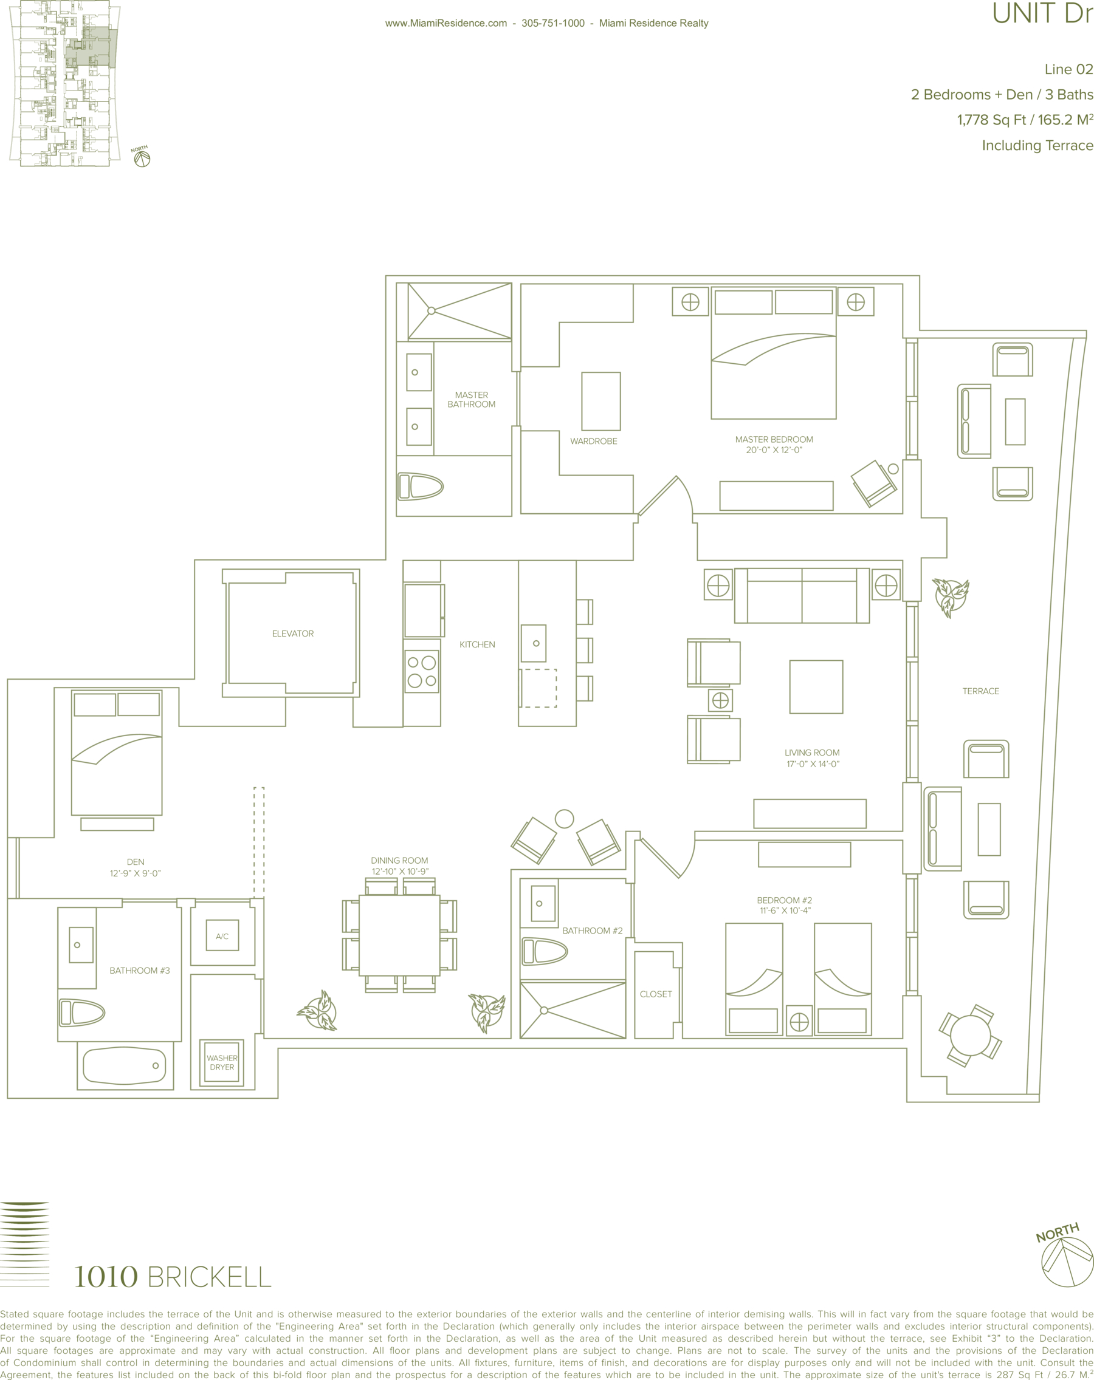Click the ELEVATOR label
(293, 634)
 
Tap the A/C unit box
(222, 936)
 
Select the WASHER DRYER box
(222, 1062)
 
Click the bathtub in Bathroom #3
(124, 1066)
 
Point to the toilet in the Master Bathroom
(420, 487)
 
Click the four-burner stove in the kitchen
(422, 671)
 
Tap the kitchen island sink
(534, 643)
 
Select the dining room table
(400, 935)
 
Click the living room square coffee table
(816, 687)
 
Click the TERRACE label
(980, 691)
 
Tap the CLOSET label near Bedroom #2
(656, 994)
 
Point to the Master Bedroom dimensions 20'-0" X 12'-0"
(774, 450)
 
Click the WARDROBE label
(594, 441)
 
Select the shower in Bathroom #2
(573, 1011)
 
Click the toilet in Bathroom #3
(81, 1013)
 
